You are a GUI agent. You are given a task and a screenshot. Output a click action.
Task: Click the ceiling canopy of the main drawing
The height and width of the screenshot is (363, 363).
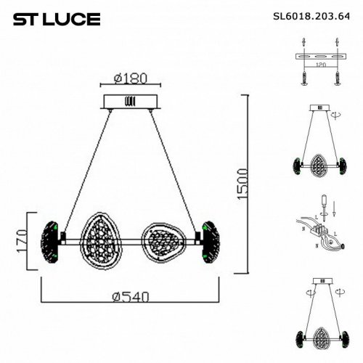(x=130, y=101)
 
